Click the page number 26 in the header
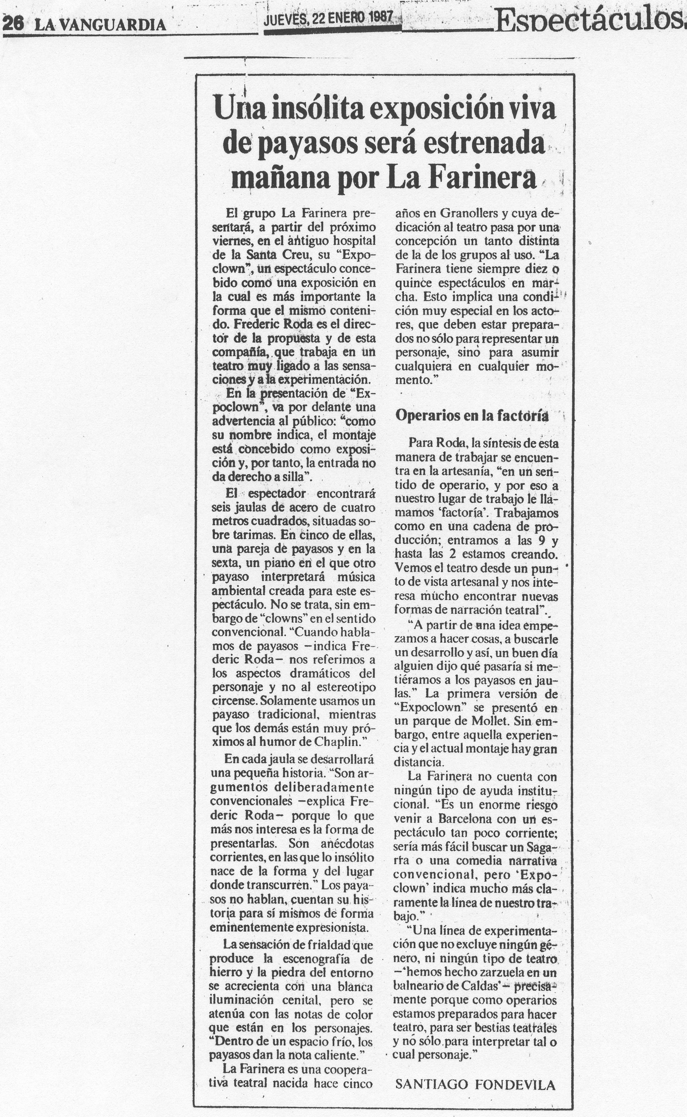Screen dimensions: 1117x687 (14, 24)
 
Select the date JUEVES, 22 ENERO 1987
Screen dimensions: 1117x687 (328, 18)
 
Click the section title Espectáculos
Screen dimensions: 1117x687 (588, 20)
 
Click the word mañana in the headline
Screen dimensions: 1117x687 (281, 178)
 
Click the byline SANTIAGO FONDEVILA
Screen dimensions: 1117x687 (475, 1085)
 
